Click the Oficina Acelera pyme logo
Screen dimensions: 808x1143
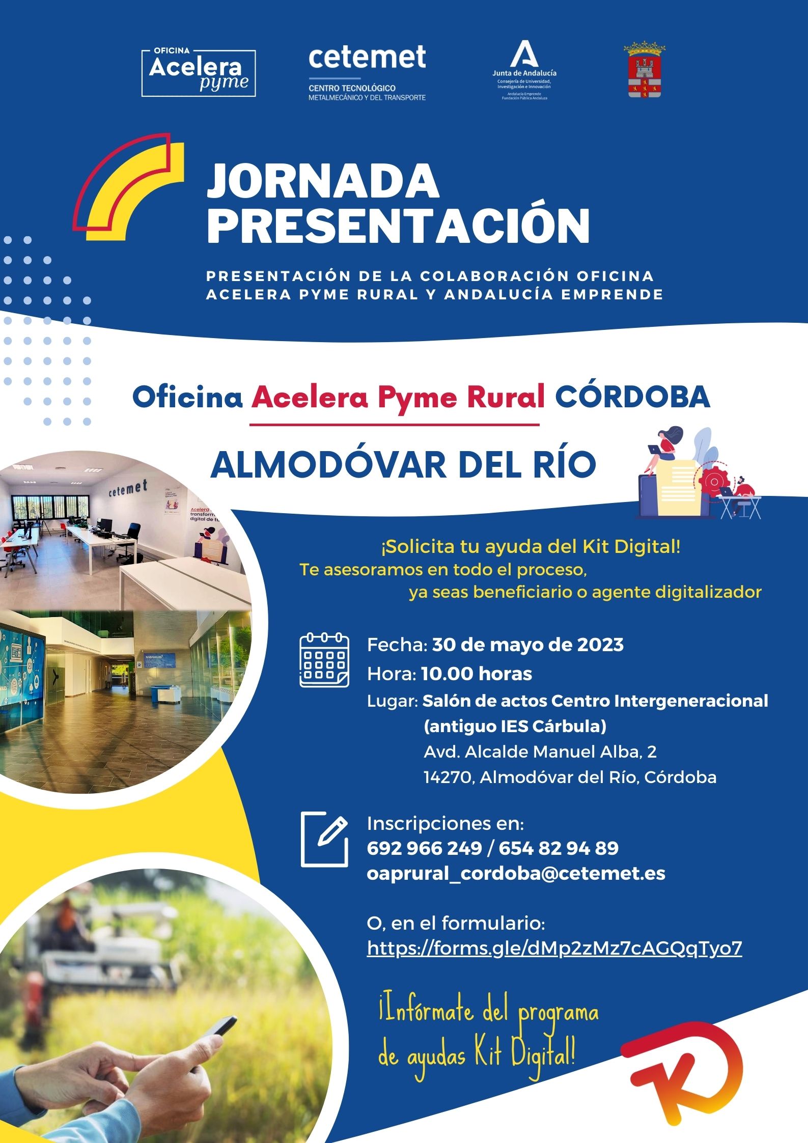[199, 73]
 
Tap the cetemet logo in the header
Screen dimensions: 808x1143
[367, 73]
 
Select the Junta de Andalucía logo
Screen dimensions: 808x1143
[524, 70]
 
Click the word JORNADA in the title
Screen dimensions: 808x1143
[323, 181]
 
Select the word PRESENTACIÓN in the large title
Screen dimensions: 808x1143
[398, 226]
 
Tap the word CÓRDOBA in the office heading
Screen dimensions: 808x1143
[632, 397]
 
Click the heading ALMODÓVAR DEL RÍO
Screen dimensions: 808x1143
[403, 464]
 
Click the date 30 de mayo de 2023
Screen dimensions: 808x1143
[528, 645]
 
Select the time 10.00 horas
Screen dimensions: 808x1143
[477, 674]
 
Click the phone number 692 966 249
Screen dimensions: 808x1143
[424, 848]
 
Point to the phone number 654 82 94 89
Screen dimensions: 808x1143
[559, 848]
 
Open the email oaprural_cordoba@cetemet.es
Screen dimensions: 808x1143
[516, 873]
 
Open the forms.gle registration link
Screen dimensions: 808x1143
[554, 948]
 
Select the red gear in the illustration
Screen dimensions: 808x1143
[714, 481]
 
